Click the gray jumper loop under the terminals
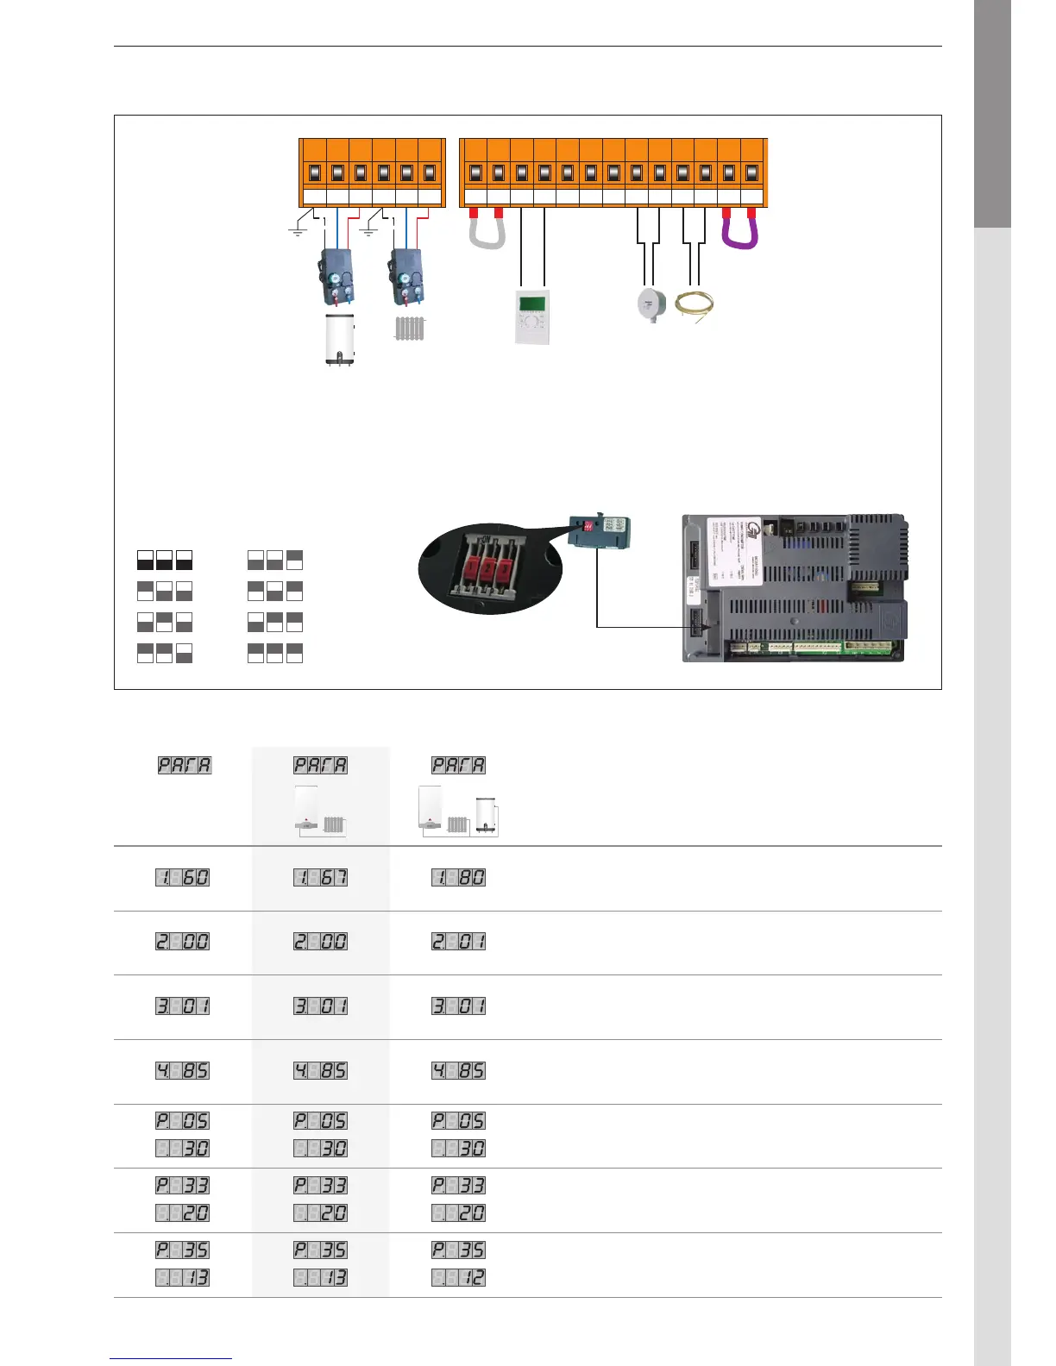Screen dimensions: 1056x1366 [487, 233]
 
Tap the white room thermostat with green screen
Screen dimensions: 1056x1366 [531, 317]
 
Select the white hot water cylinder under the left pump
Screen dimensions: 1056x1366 [339, 340]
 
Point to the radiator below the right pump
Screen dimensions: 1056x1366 [410, 329]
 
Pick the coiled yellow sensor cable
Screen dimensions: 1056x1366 [694, 306]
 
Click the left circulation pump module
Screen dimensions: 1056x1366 [338, 276]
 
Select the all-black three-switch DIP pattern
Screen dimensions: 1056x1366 [164, 560]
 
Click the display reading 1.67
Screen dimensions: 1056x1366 [320, 877]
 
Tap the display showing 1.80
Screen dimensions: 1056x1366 [458, 877]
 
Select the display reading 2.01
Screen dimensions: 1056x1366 [458, 941]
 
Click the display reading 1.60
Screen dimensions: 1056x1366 [182, 877]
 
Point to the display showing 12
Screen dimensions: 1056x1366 [458, 1277]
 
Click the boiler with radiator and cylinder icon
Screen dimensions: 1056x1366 [458, 811]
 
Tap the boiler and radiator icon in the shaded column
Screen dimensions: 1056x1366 [320, 811]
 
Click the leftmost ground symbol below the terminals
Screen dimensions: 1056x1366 [298, 231]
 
